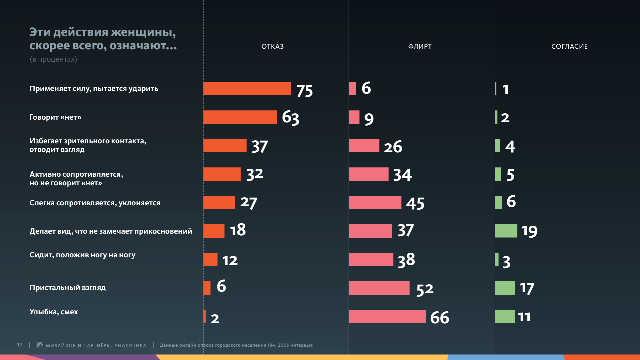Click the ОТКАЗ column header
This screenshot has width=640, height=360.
pos(272,46)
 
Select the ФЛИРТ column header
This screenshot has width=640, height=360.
pos(420,46)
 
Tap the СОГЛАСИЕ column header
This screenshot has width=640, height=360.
pos(569,46)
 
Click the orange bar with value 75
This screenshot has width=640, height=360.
pos(247,89)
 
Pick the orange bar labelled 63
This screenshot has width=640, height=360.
pos(240,117)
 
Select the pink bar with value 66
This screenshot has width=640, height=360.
pos(387,316)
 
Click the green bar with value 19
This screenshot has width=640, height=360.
pos(506,231)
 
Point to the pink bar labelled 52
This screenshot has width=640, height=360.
pos(379,288)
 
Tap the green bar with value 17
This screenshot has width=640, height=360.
pos(505,288)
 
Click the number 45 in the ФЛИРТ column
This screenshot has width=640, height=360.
pos(415,203)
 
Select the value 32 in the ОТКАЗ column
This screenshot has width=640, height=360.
pos(255,174)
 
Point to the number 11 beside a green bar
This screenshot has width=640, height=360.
pos(524,317)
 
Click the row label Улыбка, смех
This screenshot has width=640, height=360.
pos(54,312)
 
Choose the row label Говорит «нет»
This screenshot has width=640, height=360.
pos(55,117)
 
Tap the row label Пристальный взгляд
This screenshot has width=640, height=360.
pos(68,288)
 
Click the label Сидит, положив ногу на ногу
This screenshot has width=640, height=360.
pos(82,255)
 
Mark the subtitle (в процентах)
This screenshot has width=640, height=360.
pos(53,59)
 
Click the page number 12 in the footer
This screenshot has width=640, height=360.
pos(20,345)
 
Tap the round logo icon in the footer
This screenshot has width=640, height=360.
pos(39,345)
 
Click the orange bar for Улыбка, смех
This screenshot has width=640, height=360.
pos(205,316)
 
